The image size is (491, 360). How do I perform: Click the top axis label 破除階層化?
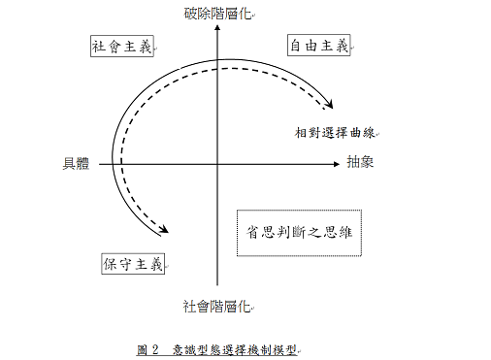(x=217, y=14)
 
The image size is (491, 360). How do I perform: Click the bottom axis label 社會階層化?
(x=216, y=307)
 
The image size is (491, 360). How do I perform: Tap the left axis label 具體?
(x=76, y=163)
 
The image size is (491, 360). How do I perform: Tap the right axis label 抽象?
(x=360, y=162)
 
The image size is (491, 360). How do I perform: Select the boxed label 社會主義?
(x=122, y=47)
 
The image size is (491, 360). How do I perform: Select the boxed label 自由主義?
(x=319, y=45)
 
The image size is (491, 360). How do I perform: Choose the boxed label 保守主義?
(x=133, y=264)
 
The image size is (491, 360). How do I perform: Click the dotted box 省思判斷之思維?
(x=299, y=233)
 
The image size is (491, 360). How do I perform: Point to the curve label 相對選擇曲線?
(x=335, y=133)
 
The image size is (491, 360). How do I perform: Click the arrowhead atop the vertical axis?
(x=217, y=28)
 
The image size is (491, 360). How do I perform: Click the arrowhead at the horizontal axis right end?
(x=337, y=164)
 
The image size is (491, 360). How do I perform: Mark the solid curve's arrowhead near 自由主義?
(x=330, y=105)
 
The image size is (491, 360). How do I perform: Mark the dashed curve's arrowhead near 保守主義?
(x=164, y=229)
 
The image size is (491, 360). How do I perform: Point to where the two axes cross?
(x=217, y=164)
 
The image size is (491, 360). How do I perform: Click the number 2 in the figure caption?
(x=155, y=349)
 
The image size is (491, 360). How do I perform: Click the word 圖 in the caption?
(x=142, y=349)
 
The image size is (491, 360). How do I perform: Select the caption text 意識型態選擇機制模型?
(x=235, y=350)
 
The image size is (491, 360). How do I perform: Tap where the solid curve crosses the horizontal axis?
(x=113, y=164)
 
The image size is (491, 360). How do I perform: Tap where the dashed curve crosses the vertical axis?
(x=217, y=69)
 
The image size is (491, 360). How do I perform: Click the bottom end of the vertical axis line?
(x=217, y=285)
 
